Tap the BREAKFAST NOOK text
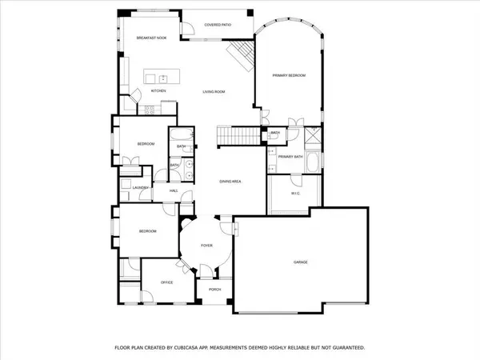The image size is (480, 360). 150,38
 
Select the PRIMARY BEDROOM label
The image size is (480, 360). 289,74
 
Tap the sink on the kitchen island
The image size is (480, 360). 162,78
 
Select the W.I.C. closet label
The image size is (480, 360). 295,193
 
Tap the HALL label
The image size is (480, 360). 174,190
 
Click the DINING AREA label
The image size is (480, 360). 230,182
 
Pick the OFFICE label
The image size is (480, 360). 167,282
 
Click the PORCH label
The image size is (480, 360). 214,290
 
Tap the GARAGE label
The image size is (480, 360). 300,262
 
